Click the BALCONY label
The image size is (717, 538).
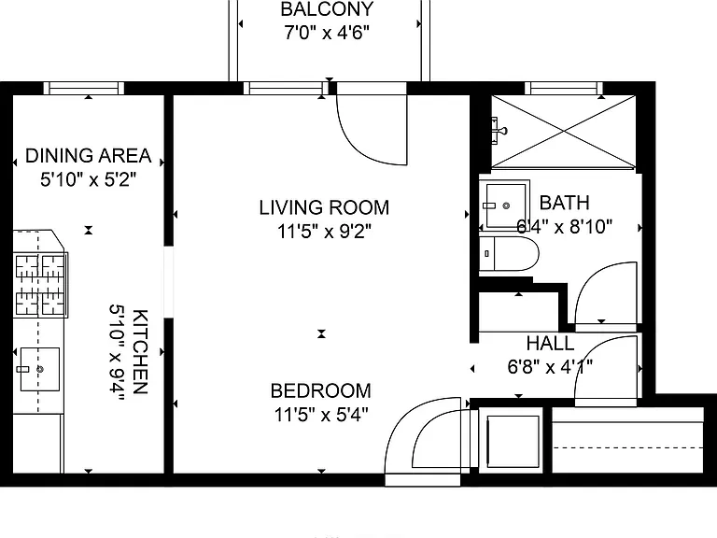coord(327,9)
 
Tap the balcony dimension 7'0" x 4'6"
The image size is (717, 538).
coord(327,33)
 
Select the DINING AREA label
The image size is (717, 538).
coord(89,156)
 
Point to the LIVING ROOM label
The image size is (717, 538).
coord(324,207)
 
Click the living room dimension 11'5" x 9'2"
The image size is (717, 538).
coord(324,231)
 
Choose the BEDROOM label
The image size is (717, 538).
coord(321,390)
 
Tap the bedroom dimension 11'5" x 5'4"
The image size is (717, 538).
coord(321,415)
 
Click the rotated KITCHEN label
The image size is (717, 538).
coord(140,352)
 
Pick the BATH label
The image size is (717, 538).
coord(564,203)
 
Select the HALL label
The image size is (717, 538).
coord(550,343)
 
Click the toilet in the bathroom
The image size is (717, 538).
coord(509,253)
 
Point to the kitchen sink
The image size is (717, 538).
coord(40,369)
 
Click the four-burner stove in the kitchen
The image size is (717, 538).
coord(41,285)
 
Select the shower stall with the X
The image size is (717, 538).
coord(563,132)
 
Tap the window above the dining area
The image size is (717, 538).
coord(84,88)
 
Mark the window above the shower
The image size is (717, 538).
coord(563,88)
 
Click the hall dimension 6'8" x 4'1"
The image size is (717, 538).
coord(550,366)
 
